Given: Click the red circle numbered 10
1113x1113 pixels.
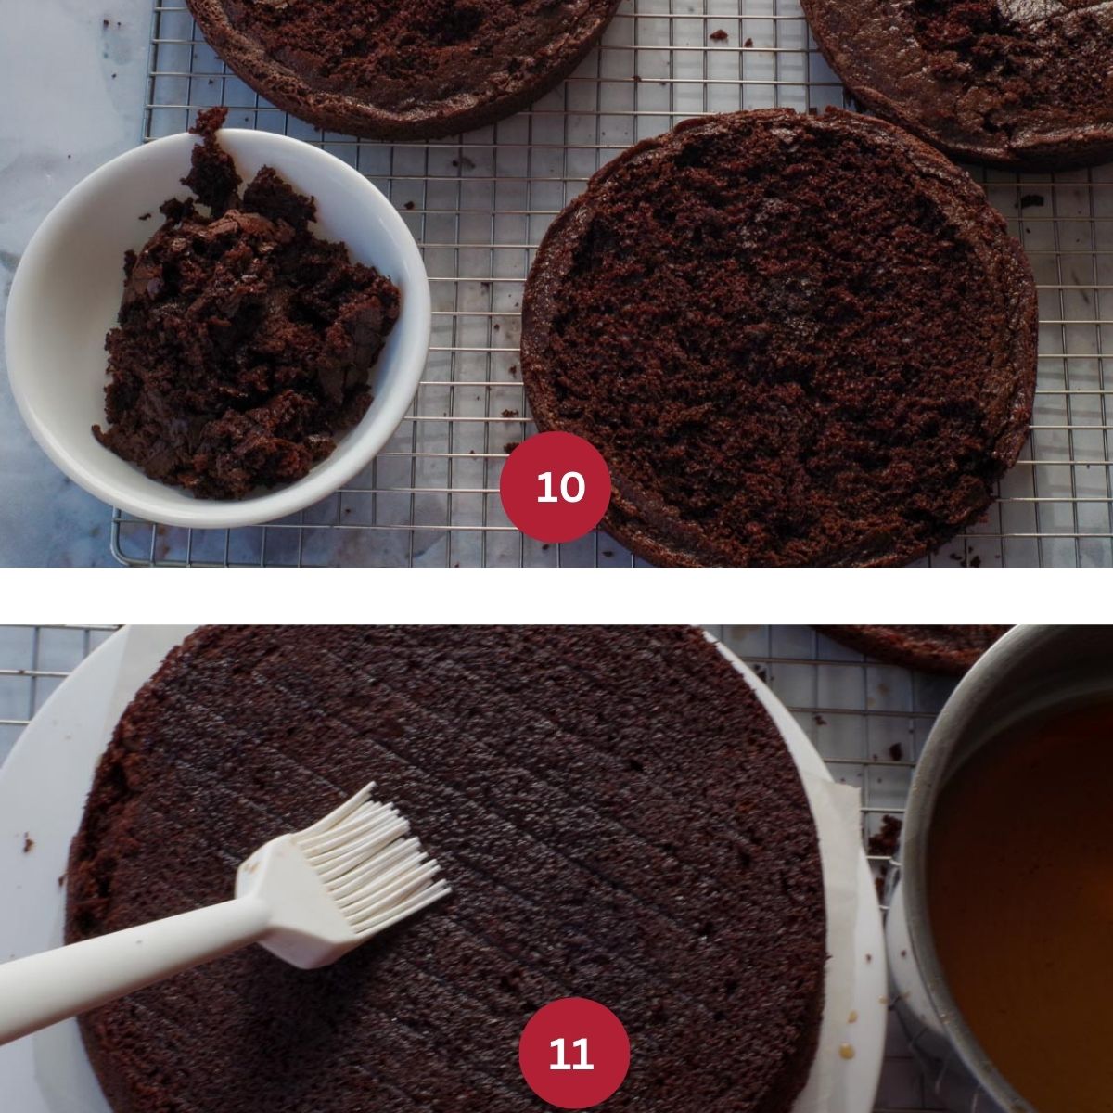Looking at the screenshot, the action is [x=555, y=486].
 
